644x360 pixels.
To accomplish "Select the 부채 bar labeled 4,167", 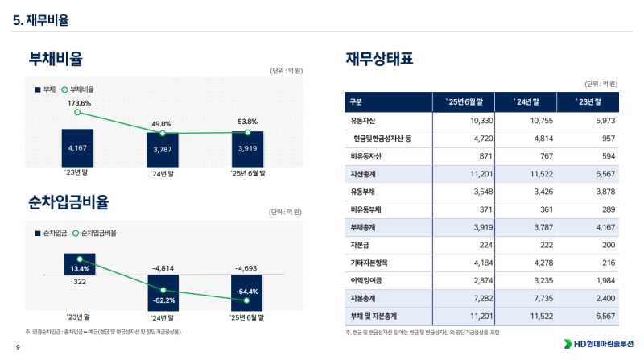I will coord(77,148).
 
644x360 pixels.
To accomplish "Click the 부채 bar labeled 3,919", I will coord(247,149).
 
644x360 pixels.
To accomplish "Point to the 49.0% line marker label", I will coord(162,124).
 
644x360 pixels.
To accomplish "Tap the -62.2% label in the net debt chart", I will coord(163,300).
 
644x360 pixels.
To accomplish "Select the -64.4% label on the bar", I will coord(247,292).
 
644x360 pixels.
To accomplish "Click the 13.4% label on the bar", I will coord(79,268).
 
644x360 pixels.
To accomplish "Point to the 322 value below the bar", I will coord(79,283).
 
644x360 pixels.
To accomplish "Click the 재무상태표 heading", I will coord(380,58).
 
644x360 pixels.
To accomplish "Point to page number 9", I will coord(6,346).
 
